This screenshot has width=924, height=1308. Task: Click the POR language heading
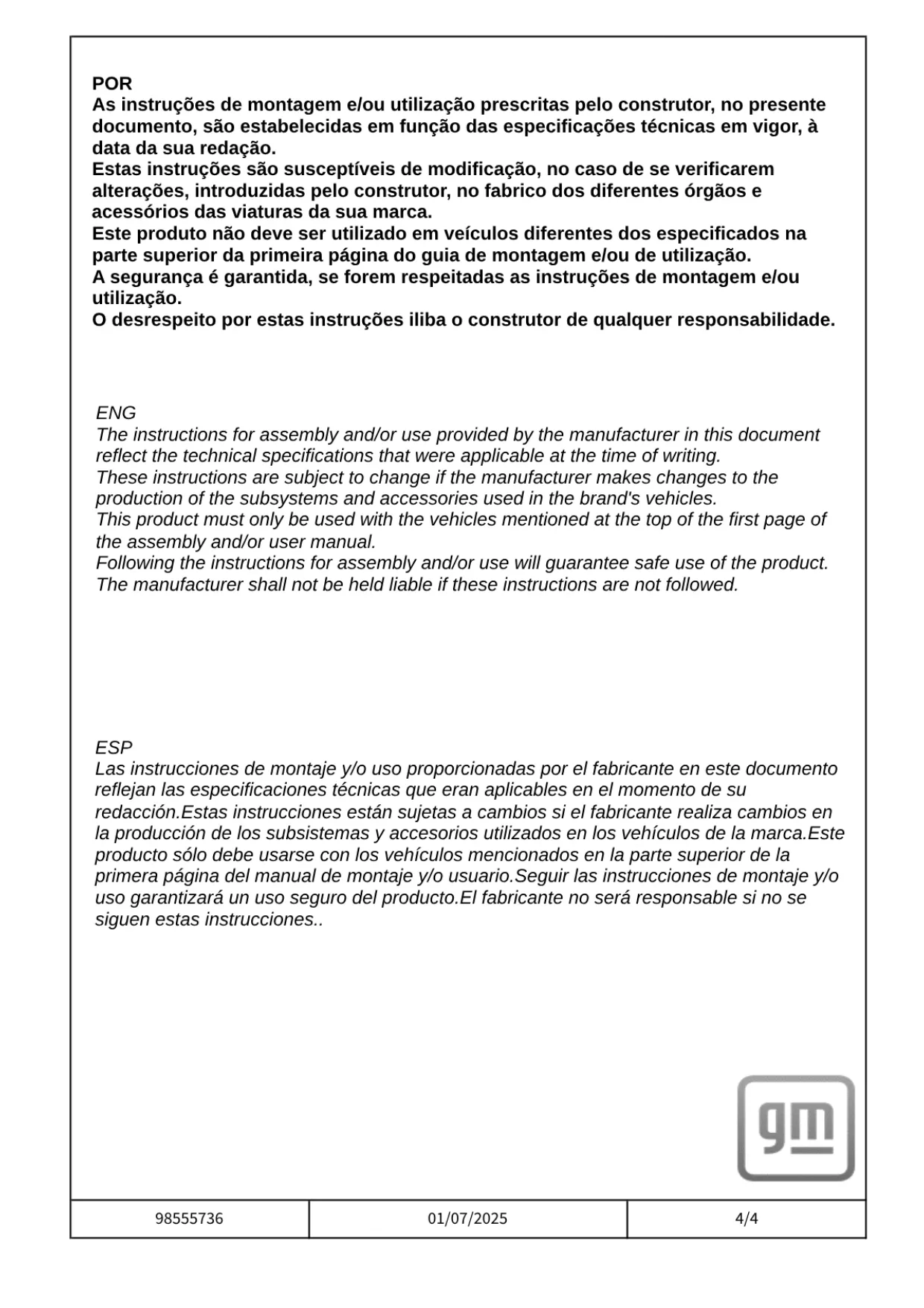[112, 83]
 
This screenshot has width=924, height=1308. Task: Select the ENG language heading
[115, 413]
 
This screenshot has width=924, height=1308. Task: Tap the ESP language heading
[113, 748]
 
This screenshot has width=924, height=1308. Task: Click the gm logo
[795, 1128]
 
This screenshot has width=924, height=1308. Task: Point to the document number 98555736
[189, 1219]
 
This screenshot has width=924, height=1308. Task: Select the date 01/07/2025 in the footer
[467, 1219]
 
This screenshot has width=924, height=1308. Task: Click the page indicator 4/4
[746, 1219]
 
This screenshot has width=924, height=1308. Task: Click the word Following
[132, 563]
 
